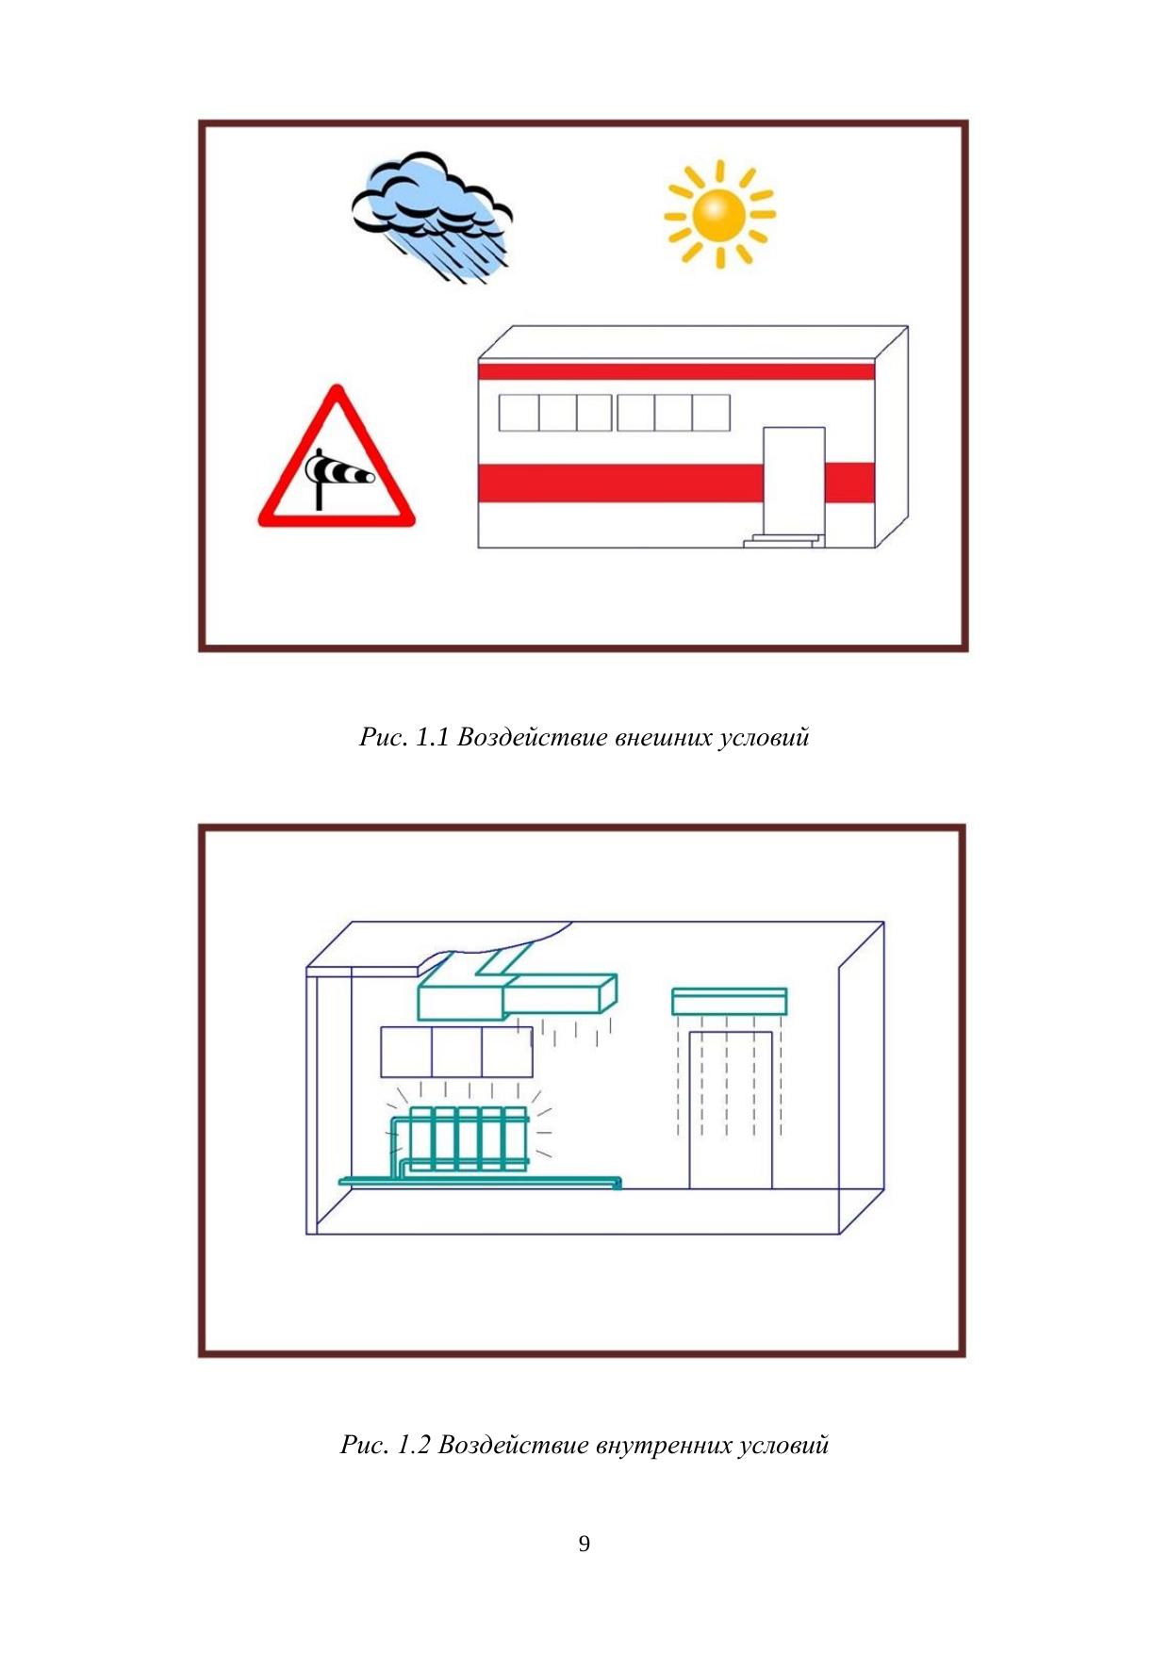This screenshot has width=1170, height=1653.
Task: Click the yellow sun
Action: click(718, 214)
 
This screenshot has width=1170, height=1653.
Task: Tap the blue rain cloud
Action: click(432, 212)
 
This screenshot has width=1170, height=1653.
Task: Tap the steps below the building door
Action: click(783, 540)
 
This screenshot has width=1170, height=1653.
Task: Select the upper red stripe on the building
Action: click(676, 370)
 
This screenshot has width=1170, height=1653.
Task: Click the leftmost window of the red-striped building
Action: click(519, 413)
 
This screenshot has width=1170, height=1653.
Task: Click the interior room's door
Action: click(731, 1110)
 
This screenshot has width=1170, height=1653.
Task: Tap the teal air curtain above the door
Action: click(729, 1001)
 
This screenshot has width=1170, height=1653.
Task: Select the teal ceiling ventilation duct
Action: click(517, 988)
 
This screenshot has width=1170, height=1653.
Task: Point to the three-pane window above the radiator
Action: click(456, 1052)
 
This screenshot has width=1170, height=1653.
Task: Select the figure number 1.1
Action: click(432, 737)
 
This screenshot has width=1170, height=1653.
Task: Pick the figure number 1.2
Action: click(413, 1445)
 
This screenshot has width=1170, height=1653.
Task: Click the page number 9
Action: click(585, 1543)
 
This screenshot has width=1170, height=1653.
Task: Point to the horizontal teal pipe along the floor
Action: click(481, 1181)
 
